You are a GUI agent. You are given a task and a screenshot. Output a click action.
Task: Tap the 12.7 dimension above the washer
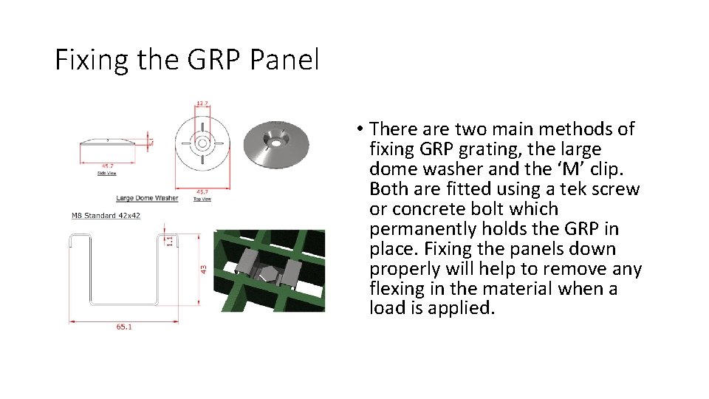(x=202, y=103)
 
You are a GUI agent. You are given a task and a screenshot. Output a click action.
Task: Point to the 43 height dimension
(x=203, y=271)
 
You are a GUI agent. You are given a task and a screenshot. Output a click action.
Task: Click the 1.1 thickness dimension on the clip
(x=169, y=240)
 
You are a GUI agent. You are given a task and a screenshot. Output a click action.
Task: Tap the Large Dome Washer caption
(x=147, y=198)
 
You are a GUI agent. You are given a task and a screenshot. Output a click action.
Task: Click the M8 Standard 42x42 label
(x=106, y=216)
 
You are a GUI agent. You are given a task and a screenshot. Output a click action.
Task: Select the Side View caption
(x=108, y=174)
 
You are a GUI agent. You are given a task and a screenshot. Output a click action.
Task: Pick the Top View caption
(x=202, y=199)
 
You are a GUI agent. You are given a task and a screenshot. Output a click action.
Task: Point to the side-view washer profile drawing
(x=108, y=141)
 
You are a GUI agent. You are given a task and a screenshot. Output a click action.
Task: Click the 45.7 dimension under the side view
(x=108, y=166)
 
